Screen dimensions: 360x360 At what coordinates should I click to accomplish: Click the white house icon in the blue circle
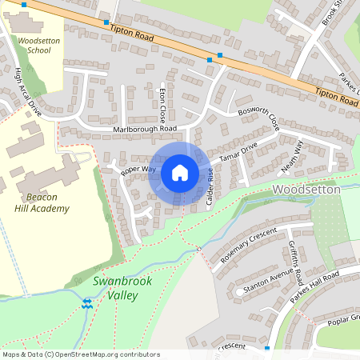coord(179,172)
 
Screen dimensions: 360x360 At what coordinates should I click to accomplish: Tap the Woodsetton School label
coord(34,45)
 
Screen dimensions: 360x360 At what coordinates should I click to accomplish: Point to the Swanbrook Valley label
coord(115,288)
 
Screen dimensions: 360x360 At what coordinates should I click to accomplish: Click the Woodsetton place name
coord(306,190)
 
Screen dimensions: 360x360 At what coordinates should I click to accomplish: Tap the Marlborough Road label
coord(145,128)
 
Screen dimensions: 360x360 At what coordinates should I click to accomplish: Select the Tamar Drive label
coord(239,150)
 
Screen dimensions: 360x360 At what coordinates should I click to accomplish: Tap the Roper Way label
coord(138,170)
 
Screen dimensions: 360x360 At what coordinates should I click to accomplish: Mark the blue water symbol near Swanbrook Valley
coord(87,303)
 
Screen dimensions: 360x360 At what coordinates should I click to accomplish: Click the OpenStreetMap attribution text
coord(80,354)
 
